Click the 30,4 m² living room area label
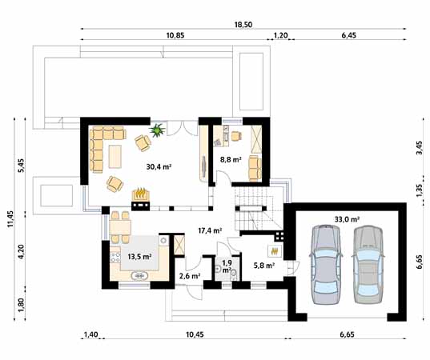tap(160, 167)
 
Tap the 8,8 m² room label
tap(231, 159)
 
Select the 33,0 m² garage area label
tap(344, 218)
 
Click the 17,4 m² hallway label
tap(210, 230)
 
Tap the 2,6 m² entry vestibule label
tap(190, 276)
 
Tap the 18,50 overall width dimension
tap(243, 26)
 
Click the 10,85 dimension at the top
tap(176, 37)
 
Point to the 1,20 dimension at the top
tap(281, 37)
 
